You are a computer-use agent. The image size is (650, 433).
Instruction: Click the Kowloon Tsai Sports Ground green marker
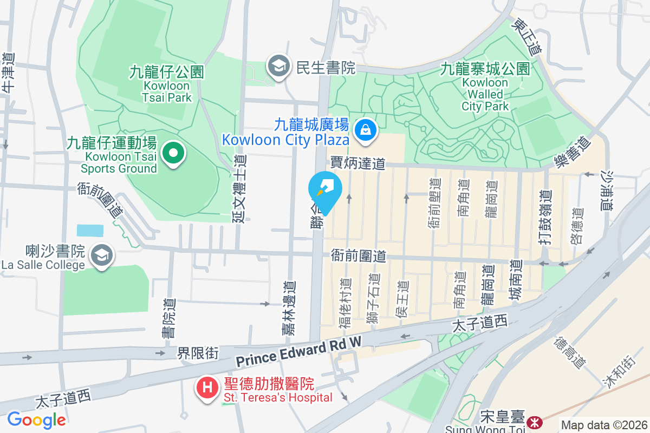(x=173, y=153)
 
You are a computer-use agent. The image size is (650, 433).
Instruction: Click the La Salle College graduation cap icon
(x=101, y=255)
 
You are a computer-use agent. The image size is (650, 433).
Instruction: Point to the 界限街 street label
(x=198, y=353)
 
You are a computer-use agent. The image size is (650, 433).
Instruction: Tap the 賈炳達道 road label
(x=357, y=163)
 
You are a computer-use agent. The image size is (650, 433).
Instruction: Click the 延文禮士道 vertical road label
(x=239, y=188)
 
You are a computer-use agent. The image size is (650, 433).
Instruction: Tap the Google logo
(x=36, y=419)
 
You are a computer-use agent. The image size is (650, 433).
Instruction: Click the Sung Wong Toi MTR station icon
(x=535, y=421)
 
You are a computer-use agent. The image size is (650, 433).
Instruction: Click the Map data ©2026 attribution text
(x=604, y=425)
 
